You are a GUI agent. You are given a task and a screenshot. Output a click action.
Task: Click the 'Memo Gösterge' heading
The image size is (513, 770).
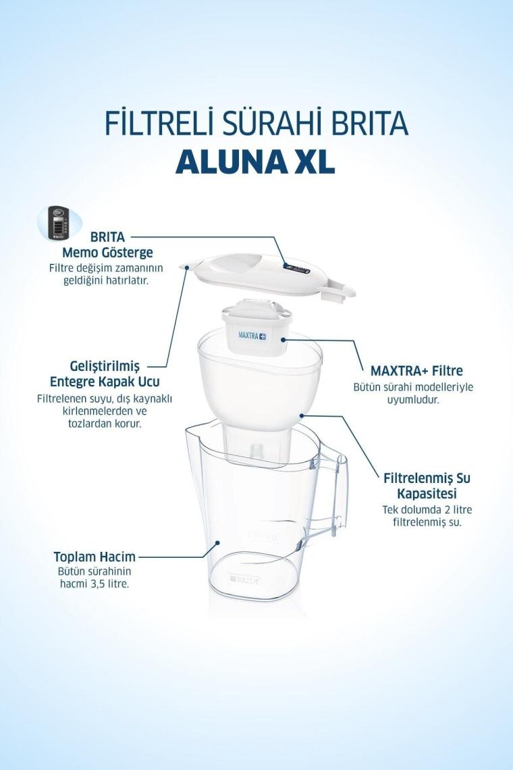click(x=107, y=253)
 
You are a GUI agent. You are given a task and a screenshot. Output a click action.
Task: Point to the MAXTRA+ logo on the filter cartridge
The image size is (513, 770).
click(x=252, y=336)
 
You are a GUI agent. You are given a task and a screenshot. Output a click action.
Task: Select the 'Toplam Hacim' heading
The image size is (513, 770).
click(x=94, y=557)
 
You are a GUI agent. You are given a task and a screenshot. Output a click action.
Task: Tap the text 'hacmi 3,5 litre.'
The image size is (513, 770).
click(x=94, y=584)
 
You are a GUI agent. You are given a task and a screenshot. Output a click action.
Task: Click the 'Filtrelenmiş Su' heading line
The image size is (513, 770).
click(x=427, y=478)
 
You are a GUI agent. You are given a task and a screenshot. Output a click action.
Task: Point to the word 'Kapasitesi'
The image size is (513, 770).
click(x=427, y=493)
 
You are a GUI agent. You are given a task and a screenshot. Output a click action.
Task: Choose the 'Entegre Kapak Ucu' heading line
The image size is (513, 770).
click(x=105, y=381)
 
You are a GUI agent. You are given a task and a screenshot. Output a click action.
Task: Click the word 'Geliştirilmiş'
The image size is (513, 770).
click(x=105, y=366)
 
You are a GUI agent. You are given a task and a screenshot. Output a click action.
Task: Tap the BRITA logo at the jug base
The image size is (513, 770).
click(x=246, y=580)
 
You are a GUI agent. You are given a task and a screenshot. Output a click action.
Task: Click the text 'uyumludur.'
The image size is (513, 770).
click(x=413, y=399)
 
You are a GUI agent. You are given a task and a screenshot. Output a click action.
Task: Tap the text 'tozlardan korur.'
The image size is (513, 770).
click(x=105, y=423)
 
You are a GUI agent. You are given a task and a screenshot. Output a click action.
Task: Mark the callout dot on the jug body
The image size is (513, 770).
click(x=216, y=542)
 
